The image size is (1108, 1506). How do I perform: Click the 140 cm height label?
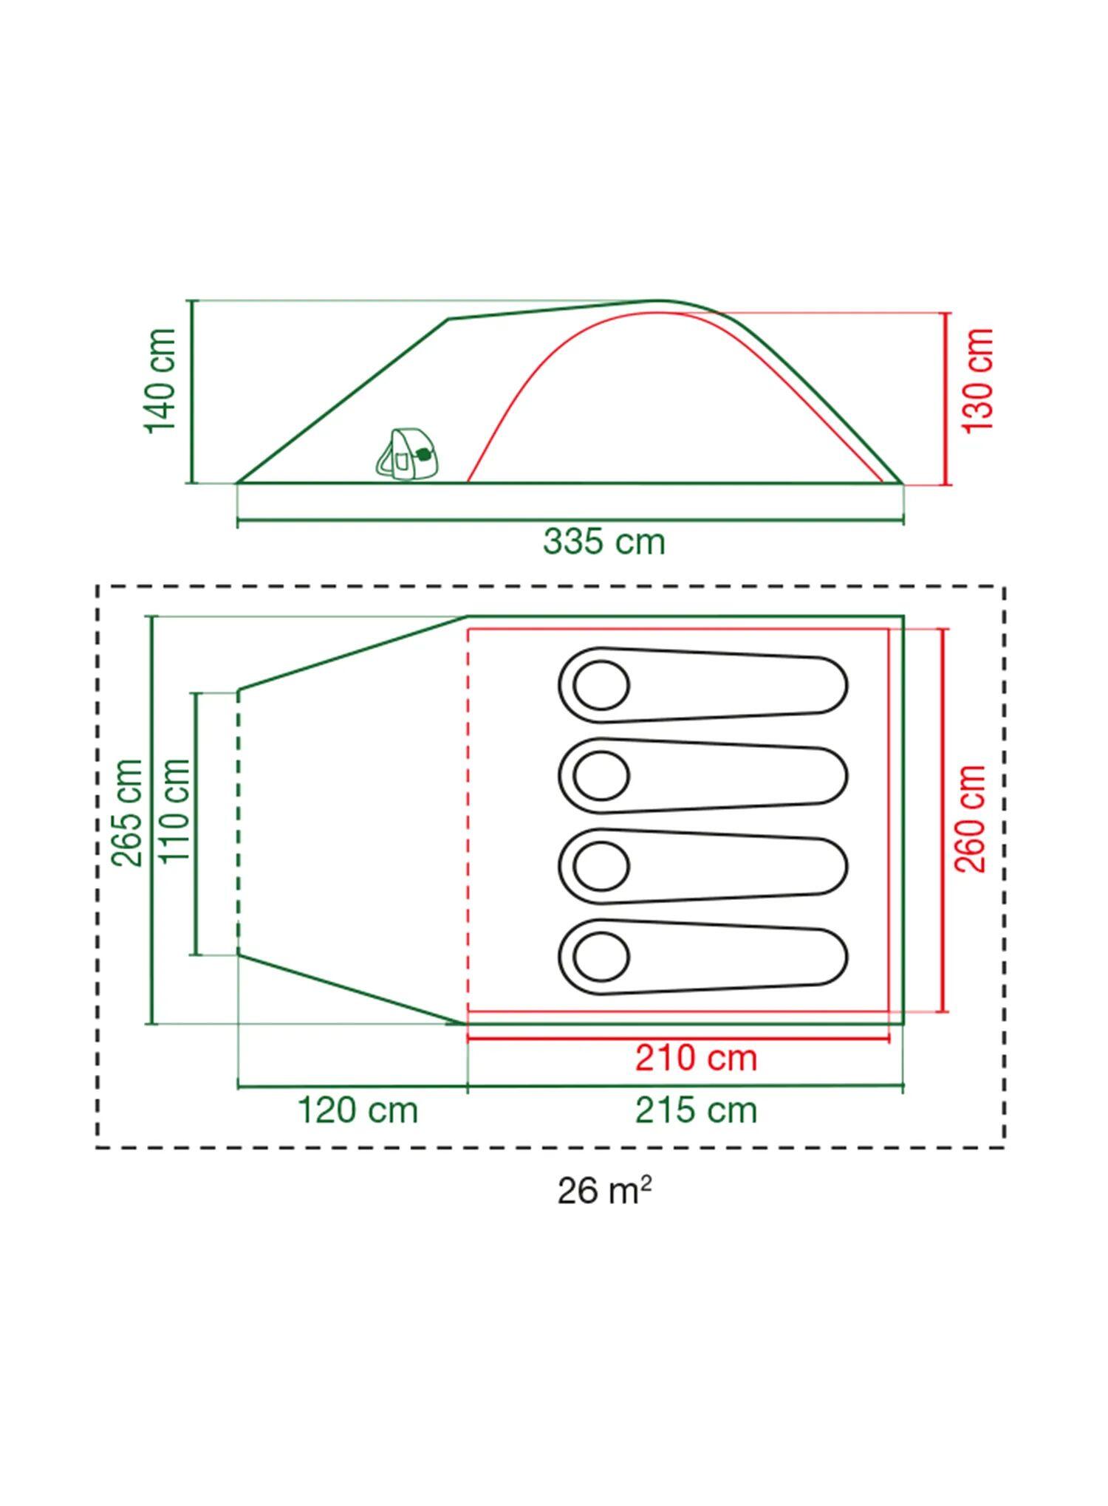[x=161, y=381]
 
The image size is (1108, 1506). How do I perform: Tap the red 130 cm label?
[x=978, y=381]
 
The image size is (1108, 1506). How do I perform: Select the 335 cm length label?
[x=604, y=541]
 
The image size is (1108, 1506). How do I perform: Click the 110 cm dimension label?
[x=176, y=811]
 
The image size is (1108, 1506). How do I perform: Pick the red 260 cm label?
[x=971, y=819]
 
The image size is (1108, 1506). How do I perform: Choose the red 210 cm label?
[x=697, y=1058]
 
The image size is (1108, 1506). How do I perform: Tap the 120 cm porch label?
[x=358, y=1110]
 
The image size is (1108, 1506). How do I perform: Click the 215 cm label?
[x=697, y=1110]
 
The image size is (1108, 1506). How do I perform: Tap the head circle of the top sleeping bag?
[x=601, y=685]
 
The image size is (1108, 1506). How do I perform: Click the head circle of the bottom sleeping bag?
[x=601, y=957]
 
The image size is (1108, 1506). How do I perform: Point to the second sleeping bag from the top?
[x=702, y=776]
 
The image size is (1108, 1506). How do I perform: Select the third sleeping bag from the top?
[x=702, y=866]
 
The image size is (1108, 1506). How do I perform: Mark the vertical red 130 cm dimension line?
[x=945, y=399]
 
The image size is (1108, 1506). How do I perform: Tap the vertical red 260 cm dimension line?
[x=943, y=820]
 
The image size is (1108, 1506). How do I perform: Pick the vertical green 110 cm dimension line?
[x=196, y=824]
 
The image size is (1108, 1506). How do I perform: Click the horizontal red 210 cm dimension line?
[x=678, y=1038]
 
